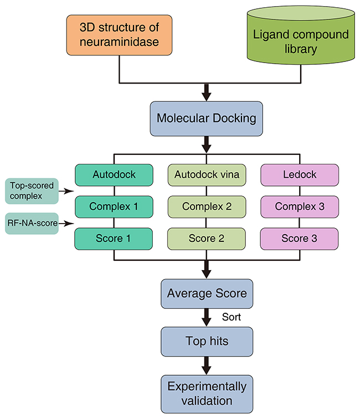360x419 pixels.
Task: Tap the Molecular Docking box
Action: point(207,118)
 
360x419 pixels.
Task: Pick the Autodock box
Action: point(113,175)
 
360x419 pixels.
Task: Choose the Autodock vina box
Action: point(207,175)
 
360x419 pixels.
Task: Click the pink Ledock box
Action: point(300,175)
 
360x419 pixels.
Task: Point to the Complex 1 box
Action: point(113,206)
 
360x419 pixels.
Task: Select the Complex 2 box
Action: point(207,206)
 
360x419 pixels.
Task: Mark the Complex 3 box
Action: point(300,206)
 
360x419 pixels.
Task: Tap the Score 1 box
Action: point(113,239)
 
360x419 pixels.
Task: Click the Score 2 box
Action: point(207,239)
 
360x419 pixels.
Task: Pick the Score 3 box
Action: point(300,239)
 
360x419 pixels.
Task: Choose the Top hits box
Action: point(207,342)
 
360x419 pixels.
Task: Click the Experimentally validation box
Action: point(207,392)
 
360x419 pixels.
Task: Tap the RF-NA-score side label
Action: point(32,223)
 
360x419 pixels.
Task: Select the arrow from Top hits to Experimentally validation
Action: point(207,365)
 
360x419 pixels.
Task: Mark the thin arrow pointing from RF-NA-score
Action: point(66,224)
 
